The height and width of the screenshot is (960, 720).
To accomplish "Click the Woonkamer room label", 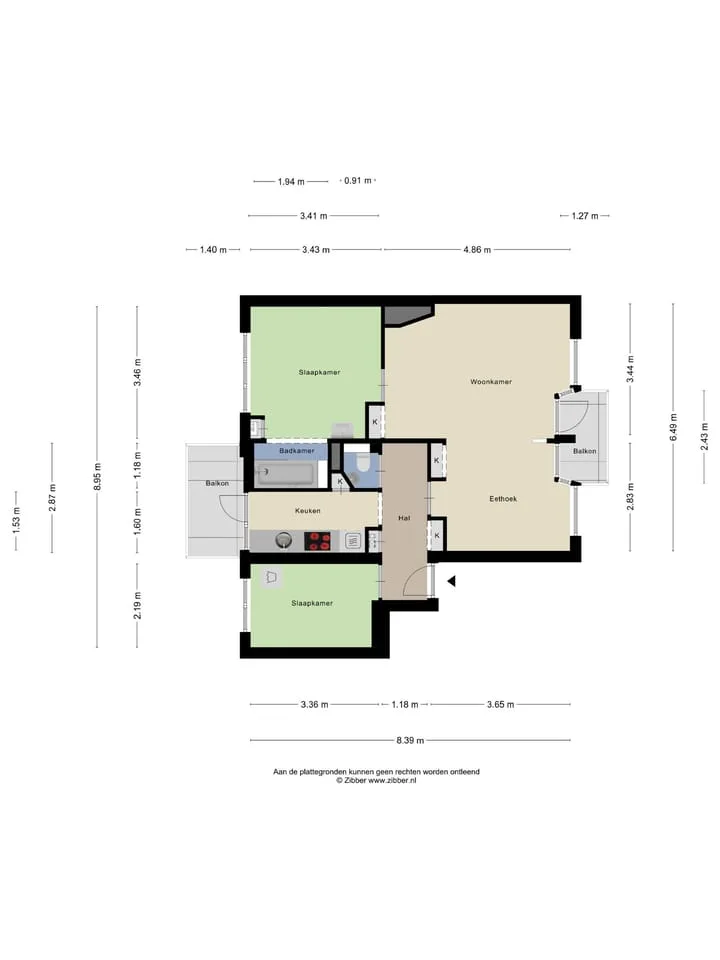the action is (x=491, y=381).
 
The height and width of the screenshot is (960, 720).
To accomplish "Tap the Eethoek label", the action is (x=503, y=499).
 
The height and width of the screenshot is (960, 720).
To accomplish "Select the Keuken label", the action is (x=307, y=511).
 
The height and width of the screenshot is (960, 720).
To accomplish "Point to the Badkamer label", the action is (x=297, y=451).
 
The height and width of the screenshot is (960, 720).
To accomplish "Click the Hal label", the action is (x=404, y=518).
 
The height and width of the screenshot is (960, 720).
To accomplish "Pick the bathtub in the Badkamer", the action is (x=286, y=474).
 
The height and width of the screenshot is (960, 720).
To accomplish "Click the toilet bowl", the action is (x=362, y=463).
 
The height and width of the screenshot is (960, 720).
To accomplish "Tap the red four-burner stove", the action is (x=318, y=541).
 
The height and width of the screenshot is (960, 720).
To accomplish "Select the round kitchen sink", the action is (x=283, y=541).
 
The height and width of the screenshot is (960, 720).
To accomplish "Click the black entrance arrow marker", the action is (x=452, y=581).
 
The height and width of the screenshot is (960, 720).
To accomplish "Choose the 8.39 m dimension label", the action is (x=410, y=740).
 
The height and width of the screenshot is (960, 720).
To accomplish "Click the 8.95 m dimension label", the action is (x=97, y=476).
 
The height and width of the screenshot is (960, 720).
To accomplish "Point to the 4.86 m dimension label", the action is (x=477, y=250).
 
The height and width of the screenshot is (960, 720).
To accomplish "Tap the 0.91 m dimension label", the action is (x=358, y=181).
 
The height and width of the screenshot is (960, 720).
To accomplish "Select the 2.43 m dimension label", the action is (x=704, y=437).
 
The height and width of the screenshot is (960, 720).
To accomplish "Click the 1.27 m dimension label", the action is (x=585, y=216).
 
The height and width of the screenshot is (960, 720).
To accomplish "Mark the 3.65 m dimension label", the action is (x=500, y=705).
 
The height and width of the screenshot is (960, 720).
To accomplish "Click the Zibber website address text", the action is (x=392, y=781).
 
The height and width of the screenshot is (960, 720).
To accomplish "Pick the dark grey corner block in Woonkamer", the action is (x=407, y=315).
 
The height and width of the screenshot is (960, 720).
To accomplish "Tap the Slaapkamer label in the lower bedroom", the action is (x=312, y=603).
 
